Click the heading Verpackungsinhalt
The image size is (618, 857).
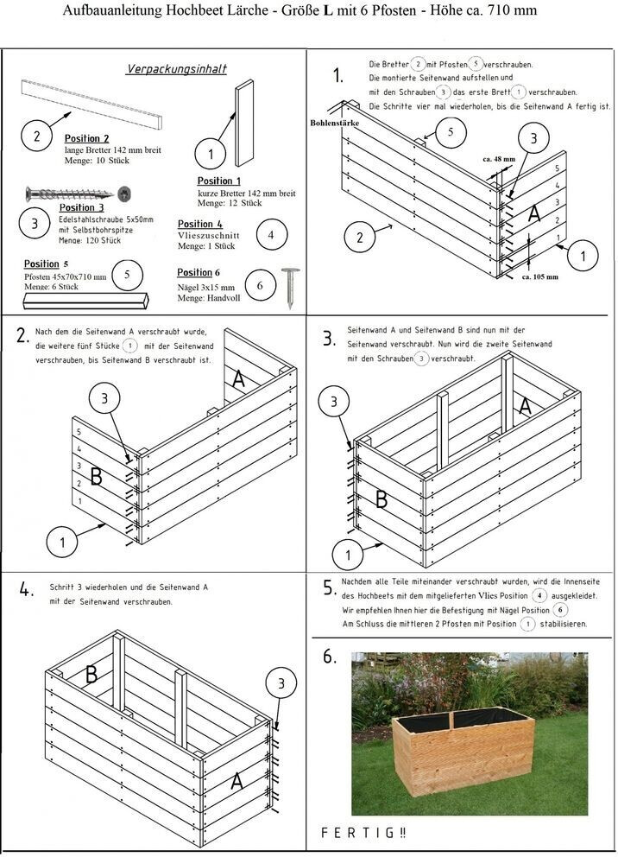177,68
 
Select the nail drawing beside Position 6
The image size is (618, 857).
288,288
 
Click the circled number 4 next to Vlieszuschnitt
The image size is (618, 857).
271,233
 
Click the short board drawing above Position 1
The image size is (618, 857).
244,124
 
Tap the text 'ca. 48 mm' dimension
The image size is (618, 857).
498,159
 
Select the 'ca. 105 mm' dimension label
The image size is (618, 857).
540,277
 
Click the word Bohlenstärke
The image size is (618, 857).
335,124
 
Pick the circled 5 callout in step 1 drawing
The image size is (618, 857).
450,132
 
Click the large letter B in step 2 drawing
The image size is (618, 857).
96,475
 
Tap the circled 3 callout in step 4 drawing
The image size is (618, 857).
280,684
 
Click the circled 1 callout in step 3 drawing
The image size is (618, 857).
348,554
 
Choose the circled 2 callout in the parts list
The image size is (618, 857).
36,136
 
